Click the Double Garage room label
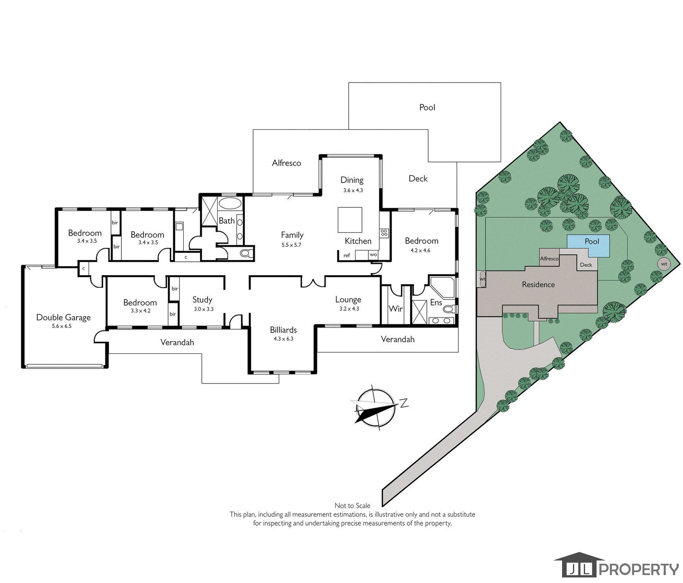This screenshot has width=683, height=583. (x=64, y=317)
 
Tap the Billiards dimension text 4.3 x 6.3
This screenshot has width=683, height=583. (x=283, y=339)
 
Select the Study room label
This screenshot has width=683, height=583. (x=203, y=300)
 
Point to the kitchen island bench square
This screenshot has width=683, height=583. (x=350, y=219)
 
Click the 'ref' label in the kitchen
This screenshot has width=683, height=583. (x=347, y=255)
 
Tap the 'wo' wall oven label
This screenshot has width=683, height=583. (x=373, y=254)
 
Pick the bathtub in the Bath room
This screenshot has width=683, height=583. (x=230, y=204)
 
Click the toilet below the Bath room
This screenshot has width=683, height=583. (x=246, y=253)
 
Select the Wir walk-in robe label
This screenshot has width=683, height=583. (x=396, y=309)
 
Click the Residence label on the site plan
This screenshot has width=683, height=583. (x=538, y=285)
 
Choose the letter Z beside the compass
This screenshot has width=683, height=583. (x=404, y=403)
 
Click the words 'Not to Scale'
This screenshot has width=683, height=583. (x=352, y=506)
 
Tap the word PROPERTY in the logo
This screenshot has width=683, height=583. (x=639, y=570)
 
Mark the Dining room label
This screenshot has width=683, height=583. (x=352, y=180)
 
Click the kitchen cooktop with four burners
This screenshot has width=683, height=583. (x=384, y=233)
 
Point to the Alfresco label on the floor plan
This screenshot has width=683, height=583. (x=286, y=163)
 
